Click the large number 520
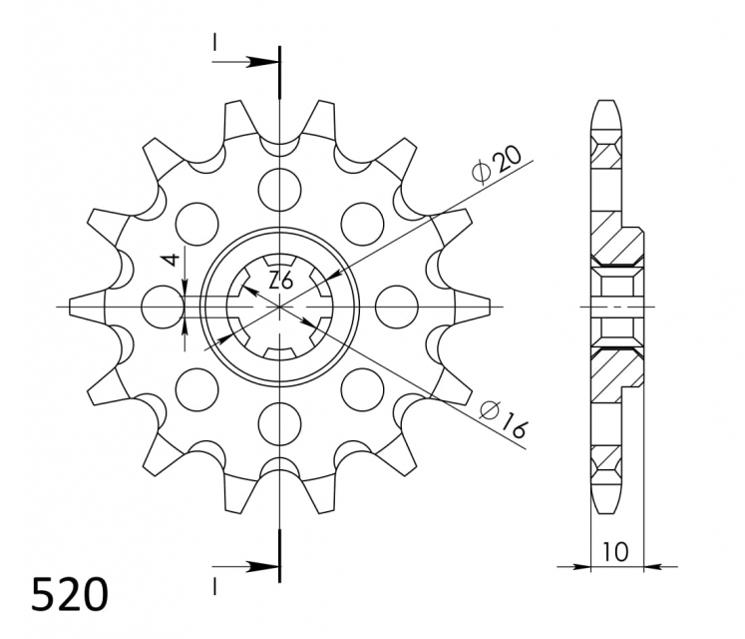click(70, 594)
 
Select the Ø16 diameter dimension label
click(503, 418)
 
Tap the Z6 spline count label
click(280, 281)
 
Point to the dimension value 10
click(615, 552)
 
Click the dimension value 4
click(172, 260)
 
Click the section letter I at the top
click(214, 43)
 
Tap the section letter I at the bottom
click(214, 586)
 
